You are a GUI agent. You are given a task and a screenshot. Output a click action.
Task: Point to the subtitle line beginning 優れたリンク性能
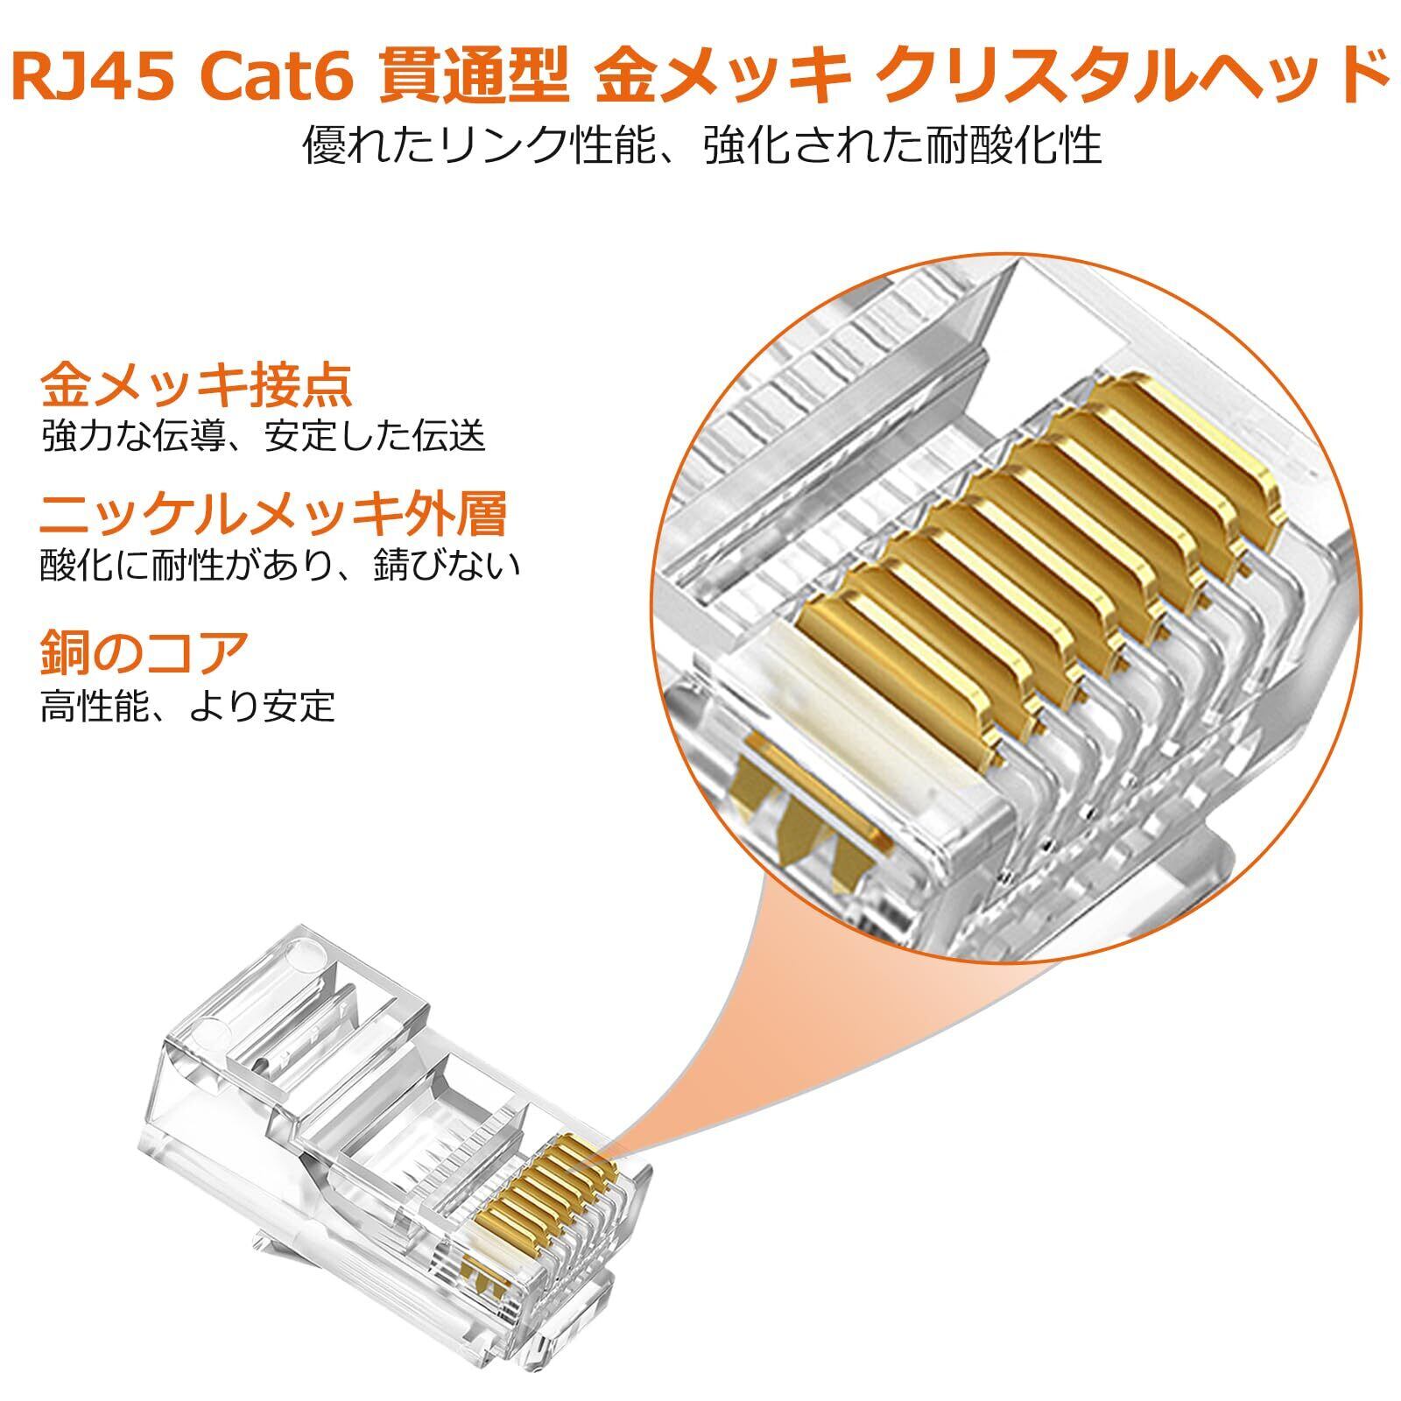pos(701,144)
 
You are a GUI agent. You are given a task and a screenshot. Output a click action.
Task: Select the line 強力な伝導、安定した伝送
pos(263,436)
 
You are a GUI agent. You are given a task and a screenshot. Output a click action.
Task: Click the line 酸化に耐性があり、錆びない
pos(280,566)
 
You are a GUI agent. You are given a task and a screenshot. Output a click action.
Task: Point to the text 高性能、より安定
pos(187,705)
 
